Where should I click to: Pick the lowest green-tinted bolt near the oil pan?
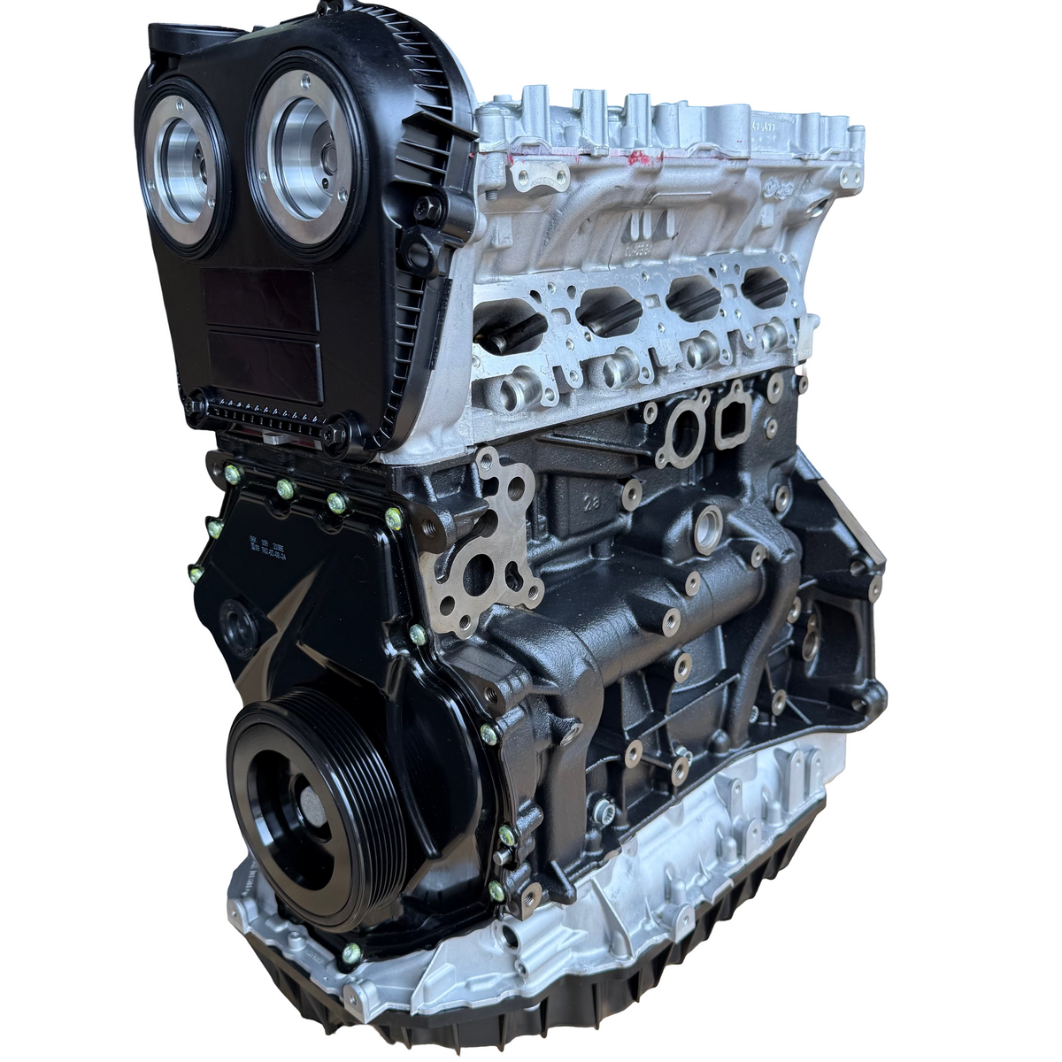point(351,952)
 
